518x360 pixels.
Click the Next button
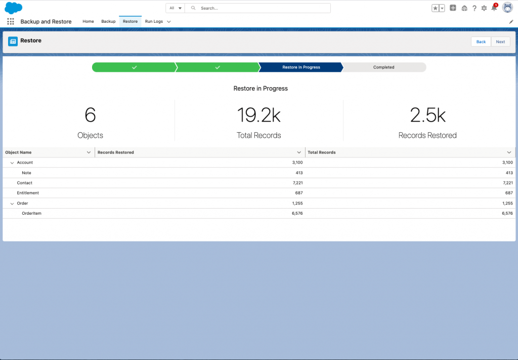click(500, 42)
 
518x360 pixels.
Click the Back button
click(481, 42)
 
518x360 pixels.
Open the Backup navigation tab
click(108, 21)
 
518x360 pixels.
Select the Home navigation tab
click(88, 21)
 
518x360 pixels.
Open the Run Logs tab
click(154, 21)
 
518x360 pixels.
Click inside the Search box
click(257, 8)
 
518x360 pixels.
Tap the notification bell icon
click(494, 8)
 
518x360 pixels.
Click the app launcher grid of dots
click(11, 21)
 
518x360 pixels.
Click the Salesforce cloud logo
click(13, 8)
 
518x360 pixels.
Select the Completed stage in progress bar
click(383, 67)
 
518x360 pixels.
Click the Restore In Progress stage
click(301, 67)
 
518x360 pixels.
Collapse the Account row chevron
click(12, 163)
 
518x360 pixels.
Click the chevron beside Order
click(12, 204)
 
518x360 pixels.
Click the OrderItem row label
click(32, 214)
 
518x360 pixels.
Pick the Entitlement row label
click(28, 193)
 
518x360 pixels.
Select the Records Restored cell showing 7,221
click(297, 183)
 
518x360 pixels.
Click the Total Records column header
click(321, 152)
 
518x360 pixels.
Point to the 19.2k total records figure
click(258, 115)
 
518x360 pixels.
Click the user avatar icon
click(507, 7)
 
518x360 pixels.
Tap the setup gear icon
click(484, 8)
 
